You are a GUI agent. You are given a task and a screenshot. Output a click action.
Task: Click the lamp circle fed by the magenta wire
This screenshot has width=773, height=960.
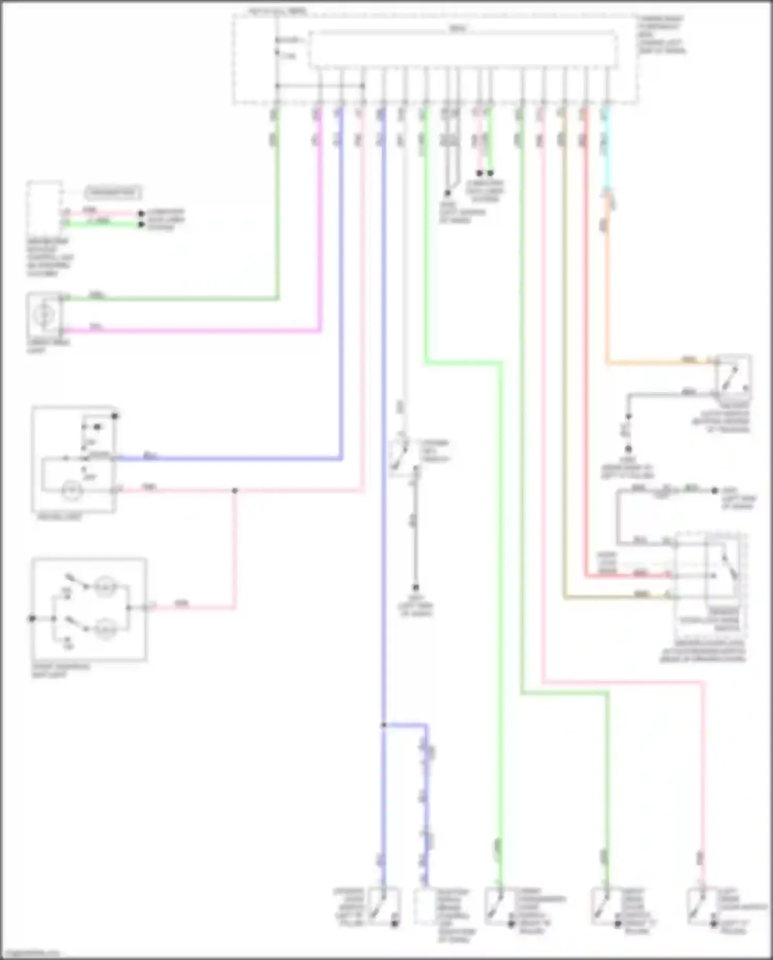coord(45,314)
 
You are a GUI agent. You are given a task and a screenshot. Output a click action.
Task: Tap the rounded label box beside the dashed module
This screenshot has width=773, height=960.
coord(113,193)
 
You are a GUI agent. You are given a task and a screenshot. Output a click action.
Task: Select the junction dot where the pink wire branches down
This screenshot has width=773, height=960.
coord(235,491)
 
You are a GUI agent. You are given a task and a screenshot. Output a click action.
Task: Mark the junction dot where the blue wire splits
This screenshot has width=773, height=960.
coord(384,725)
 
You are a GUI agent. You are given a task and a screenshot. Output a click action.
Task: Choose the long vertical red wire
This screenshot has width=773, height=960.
coord(586,361)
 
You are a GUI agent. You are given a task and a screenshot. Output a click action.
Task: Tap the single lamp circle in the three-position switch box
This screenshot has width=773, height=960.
coord(71,491)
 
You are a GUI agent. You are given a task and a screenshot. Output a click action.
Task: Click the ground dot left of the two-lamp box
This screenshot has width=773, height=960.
coord(32,618)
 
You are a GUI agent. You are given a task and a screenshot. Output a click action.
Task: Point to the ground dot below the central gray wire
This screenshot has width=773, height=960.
coord(415,588)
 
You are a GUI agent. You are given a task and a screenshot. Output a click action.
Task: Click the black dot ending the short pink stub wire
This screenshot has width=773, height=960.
coord(479,173)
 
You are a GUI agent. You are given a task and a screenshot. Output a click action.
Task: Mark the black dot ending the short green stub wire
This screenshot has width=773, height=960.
coord(491,173)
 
